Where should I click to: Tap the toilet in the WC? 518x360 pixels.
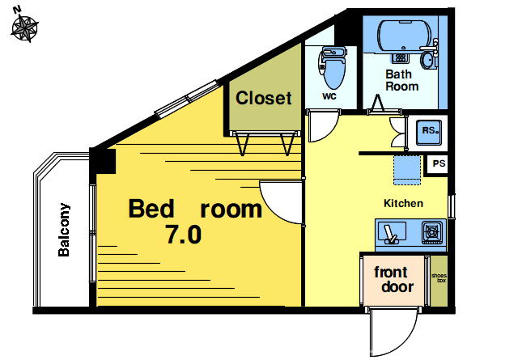click(x=333, y=67)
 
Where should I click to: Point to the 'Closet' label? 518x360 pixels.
click(x=264, y=98)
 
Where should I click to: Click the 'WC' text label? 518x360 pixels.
click(x=329, y=96)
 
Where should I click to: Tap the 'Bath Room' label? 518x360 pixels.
click(x=401, y=80)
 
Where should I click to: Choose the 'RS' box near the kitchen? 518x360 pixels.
click(x=429, y=132)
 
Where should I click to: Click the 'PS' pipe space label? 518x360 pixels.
click(x=439, y=163)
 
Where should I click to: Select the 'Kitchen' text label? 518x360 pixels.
click(x=403, y=203)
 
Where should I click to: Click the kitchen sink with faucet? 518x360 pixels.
click(x=392, y=233)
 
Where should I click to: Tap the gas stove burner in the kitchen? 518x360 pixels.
click(x=432, y=232)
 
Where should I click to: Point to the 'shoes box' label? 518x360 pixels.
click(x=439, y=277)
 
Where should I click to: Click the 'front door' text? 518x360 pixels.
click(x=393, y=280)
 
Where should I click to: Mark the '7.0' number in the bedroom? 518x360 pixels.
click(x=184, y=235)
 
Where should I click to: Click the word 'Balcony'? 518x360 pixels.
click(x=64, y=230)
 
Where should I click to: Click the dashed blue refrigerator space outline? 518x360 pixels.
click(x=407, y=170)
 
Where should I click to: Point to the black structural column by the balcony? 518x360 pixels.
click(x=103, y=161)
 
